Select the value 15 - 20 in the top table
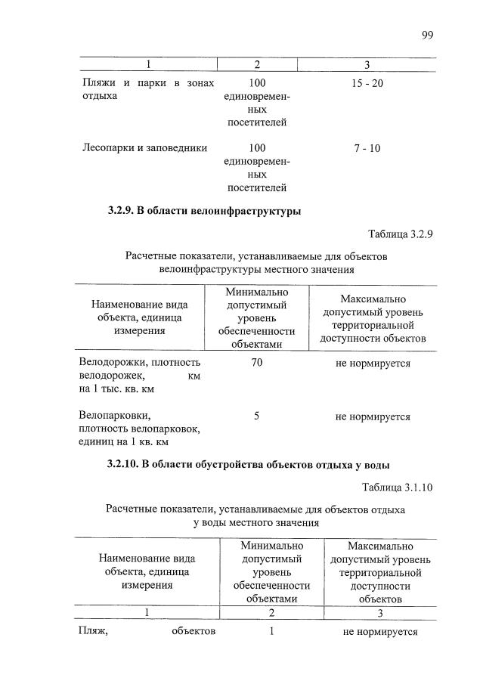(x=367, y=82)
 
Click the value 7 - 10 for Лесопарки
(x=367, y=148)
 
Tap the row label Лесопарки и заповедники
(x=144, y=148)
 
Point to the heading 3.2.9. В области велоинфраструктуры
(x=204, y=212)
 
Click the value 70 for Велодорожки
(x=257, y=364)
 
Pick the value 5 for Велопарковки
(x=257, y=416)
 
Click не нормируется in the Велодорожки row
(x=373, y=364)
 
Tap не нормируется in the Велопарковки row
(x=373, y=416)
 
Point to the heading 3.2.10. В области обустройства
(x=249, y=464)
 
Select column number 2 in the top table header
(x=257, y=64)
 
